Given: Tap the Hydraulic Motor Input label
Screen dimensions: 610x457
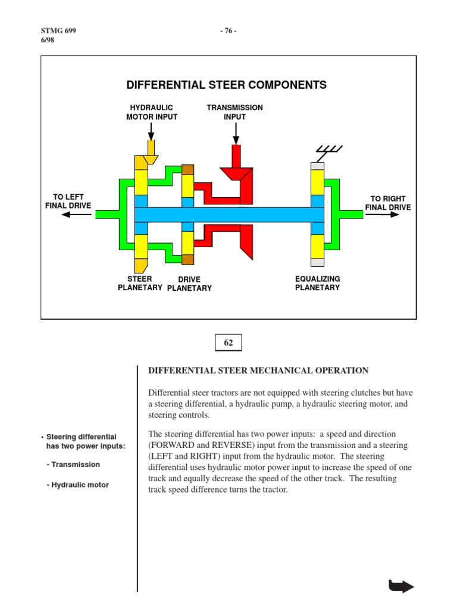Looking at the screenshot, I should click(x=152, y=112).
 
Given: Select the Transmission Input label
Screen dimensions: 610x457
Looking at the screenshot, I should click(x=234, y=112).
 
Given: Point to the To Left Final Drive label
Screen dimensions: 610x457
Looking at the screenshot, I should click(x=68, y=201).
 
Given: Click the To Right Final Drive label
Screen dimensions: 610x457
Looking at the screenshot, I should click(x=387, y=203).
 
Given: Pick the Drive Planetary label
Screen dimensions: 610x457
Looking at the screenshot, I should click(x=189, y=284).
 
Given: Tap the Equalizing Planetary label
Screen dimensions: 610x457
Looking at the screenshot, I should click(x=317, y=284).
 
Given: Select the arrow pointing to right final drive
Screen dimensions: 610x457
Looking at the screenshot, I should click(x=382, y=214).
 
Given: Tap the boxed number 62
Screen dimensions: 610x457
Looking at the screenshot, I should click(x=228, y=343).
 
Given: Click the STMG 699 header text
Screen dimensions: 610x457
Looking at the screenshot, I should click(x=58, y=30).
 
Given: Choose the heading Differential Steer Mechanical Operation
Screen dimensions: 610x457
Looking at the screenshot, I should click(x=258, y=371).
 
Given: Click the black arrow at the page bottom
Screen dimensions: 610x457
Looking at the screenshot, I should click(x=401, y=586).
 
